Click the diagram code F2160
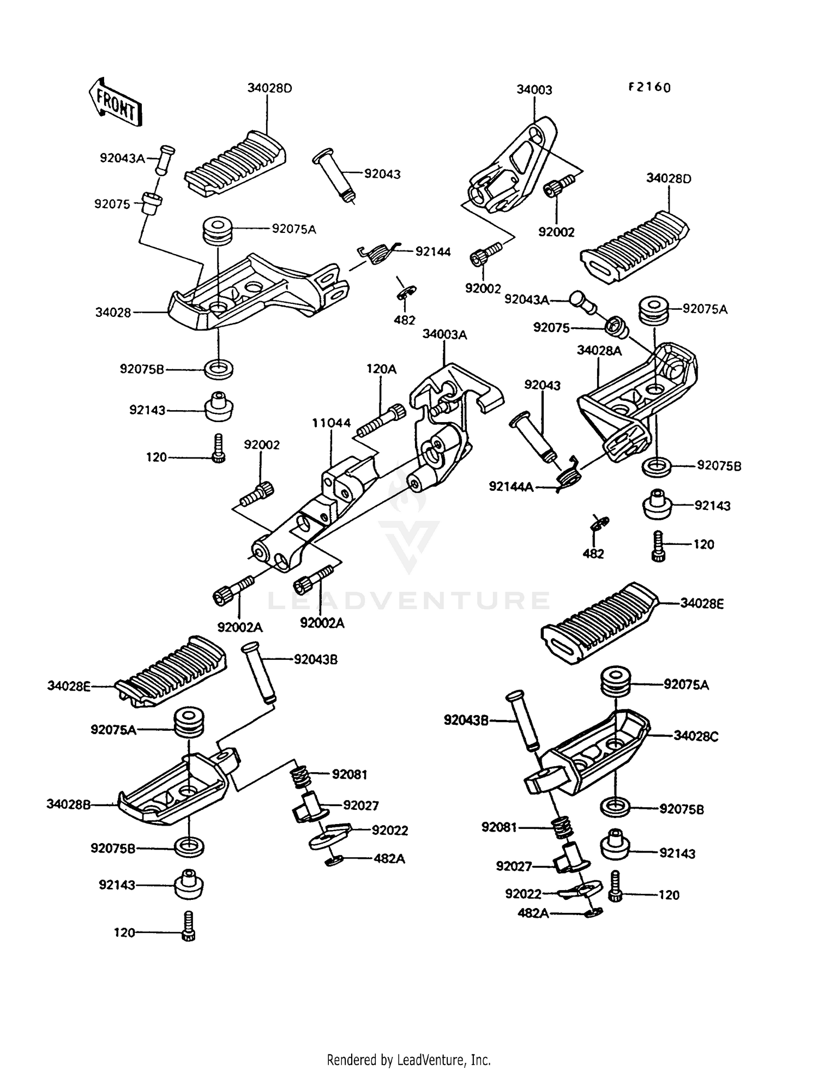pyautogui.click(x=649, y=87)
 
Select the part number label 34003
pyautogui.click(x=534, y=90)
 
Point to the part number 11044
pyautogui.click(x=331, y=423)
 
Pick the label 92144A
pyautogui.click(x=510, y=486)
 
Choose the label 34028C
pyautogui.click(x=695, y=736)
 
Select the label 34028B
pyautogui.click(x=69, y=804)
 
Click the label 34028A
pyautogui.click(x=599, y=351)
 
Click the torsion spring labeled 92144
pyautogui.click(x=378, y=254)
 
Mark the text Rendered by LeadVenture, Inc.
pyautogui.click(x=408, y=1060)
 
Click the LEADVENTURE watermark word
pyautogui.click(x=408, y=600)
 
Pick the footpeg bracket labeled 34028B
pyautogui.click(x=175, y=785)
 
